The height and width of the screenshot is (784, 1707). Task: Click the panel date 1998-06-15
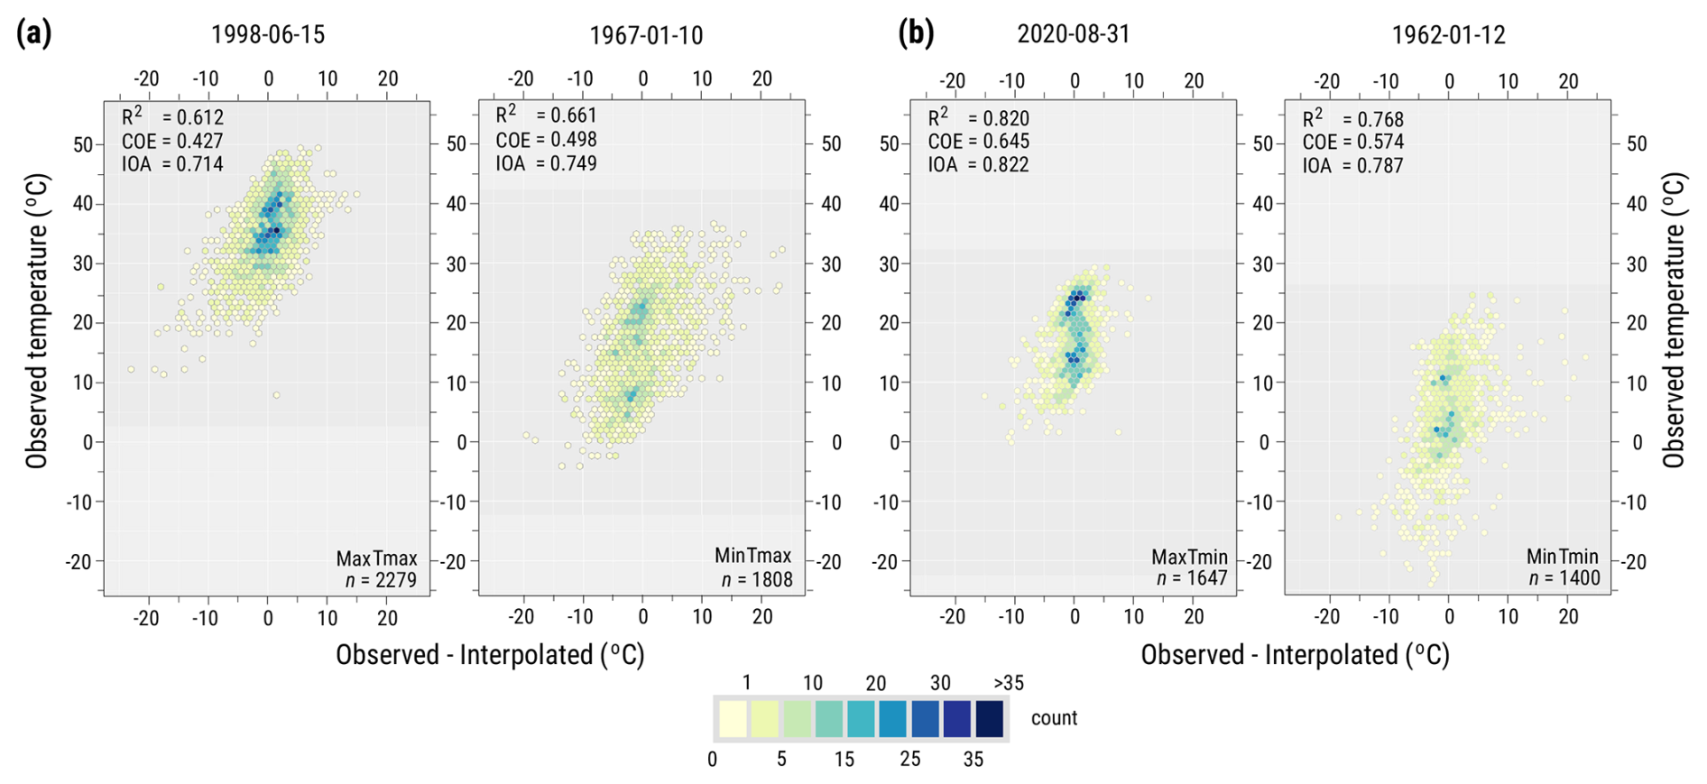(x=267, y=34)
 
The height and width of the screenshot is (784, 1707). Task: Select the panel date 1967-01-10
(x=645, y=35)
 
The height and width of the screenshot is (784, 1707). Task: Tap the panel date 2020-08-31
(x=1073, y=34)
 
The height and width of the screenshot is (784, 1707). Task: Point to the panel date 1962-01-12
(x=1448, y=35)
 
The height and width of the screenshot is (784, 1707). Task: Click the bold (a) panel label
(x=33, y=33)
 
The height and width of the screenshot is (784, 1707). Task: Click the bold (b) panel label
(x=915, y=33)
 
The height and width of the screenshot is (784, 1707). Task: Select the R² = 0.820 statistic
(x=978, y=118)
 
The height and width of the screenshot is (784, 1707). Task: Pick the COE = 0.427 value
(x=172, y=141)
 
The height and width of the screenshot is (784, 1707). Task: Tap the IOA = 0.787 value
(x=1352, y=165)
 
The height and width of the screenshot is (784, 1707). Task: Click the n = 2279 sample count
(x=381, y=580)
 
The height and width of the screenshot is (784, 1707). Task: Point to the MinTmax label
(x=752, y=556)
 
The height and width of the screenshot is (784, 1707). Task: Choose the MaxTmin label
(x=1188, y=557)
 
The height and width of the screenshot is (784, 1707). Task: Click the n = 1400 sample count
(x=1564, y=578)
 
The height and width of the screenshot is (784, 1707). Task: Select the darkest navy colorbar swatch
(x=989, y=719)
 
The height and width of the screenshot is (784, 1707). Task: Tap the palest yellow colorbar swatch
(x=733, y=719)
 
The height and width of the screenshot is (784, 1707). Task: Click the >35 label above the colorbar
(x=1008, y=683)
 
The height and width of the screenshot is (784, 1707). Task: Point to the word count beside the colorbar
(x=1054, y=718)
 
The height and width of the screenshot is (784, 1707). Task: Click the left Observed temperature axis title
(x=36, y=321)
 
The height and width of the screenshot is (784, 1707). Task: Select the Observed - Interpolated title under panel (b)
(x=1295, y=655)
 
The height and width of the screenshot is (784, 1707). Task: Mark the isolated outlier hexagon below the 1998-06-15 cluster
(x=276, y=395)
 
